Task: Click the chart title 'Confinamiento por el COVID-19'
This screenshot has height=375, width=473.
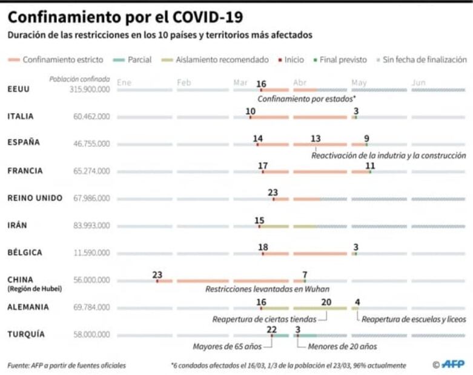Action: coord(119,15)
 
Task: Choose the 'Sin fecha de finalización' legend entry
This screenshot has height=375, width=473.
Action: coord(425,60)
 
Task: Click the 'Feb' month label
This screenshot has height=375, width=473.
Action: coord(184,82)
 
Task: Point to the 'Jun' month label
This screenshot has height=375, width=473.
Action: coord(418,82)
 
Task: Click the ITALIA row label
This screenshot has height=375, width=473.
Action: coord(21,116)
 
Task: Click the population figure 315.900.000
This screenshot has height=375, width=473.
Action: coord(90,90)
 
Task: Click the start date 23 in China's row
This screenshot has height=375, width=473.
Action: coord(157,275)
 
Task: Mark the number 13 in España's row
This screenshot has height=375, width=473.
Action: coord(316,139)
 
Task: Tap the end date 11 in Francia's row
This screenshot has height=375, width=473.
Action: coord(370,166)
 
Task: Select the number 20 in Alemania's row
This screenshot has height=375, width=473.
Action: coord(326,302)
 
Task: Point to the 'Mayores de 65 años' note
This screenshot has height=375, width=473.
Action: coord(227,347)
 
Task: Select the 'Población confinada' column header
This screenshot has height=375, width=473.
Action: coord(80,79)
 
